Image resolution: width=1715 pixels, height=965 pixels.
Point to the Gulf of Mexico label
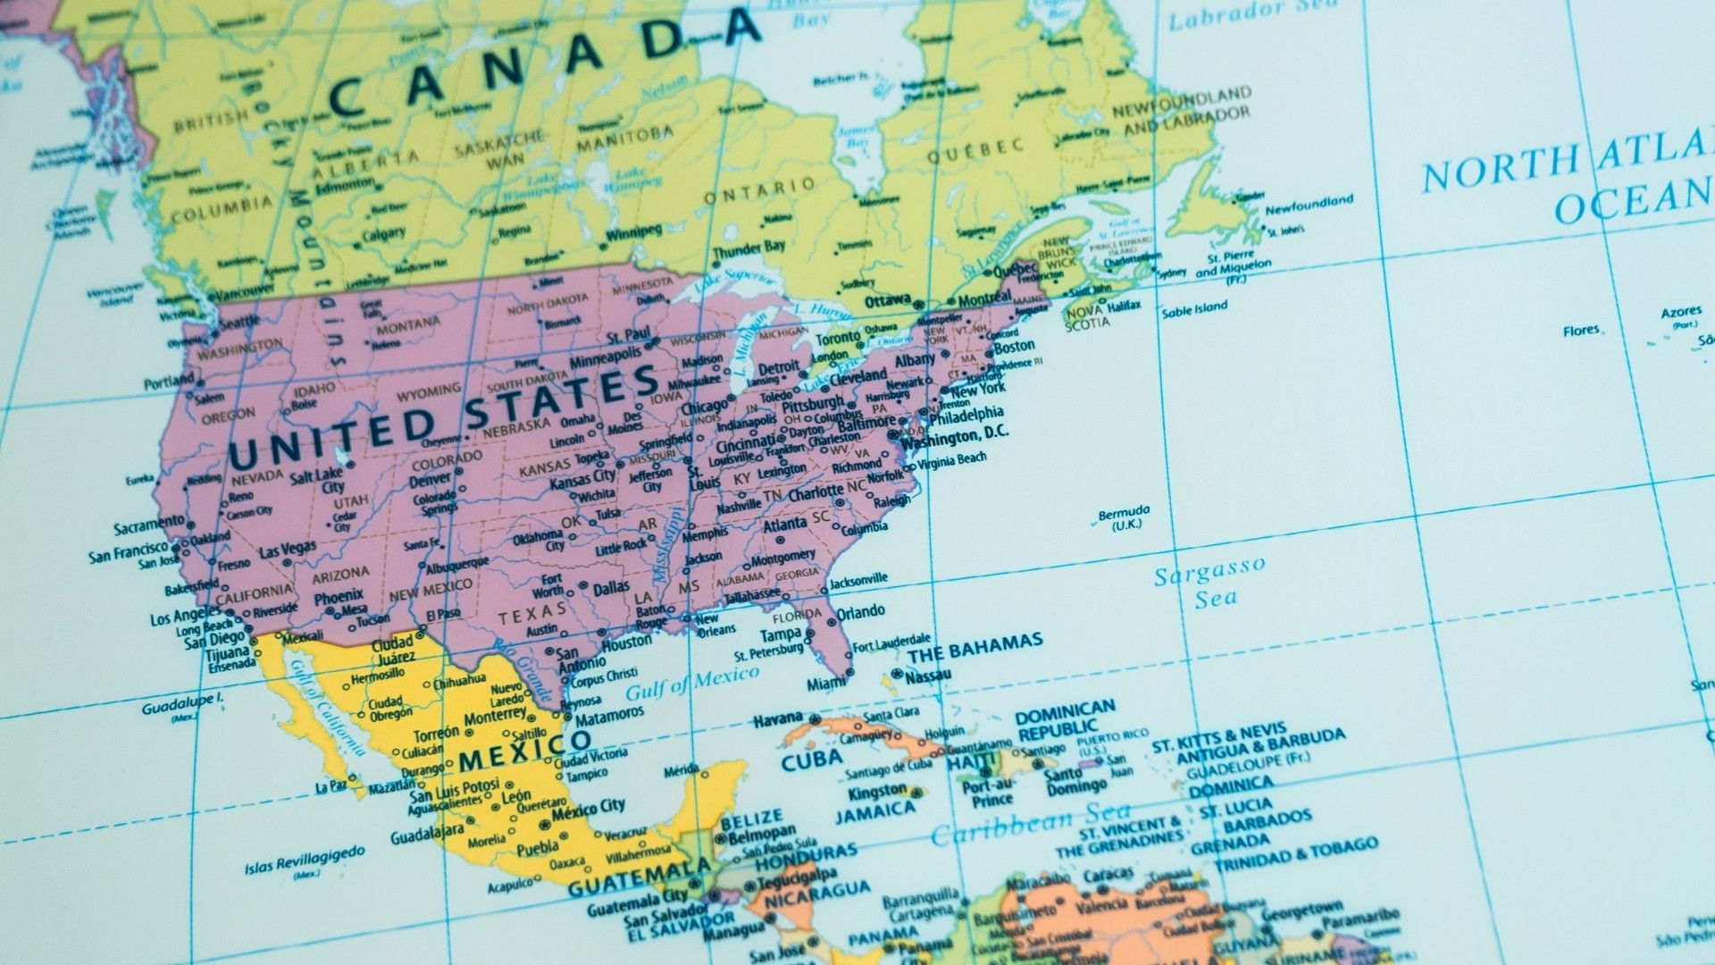691,683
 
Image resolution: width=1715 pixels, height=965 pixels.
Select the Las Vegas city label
287,550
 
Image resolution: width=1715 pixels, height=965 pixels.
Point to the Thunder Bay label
749,248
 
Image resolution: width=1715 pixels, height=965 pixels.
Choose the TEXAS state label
532,614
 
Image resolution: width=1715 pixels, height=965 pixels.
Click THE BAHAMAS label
975,647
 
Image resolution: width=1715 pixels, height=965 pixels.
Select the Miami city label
826,684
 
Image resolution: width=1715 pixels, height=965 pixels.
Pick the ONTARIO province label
759,190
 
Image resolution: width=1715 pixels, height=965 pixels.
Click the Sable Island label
1194,309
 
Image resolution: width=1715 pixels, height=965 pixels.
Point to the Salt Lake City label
319,480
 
